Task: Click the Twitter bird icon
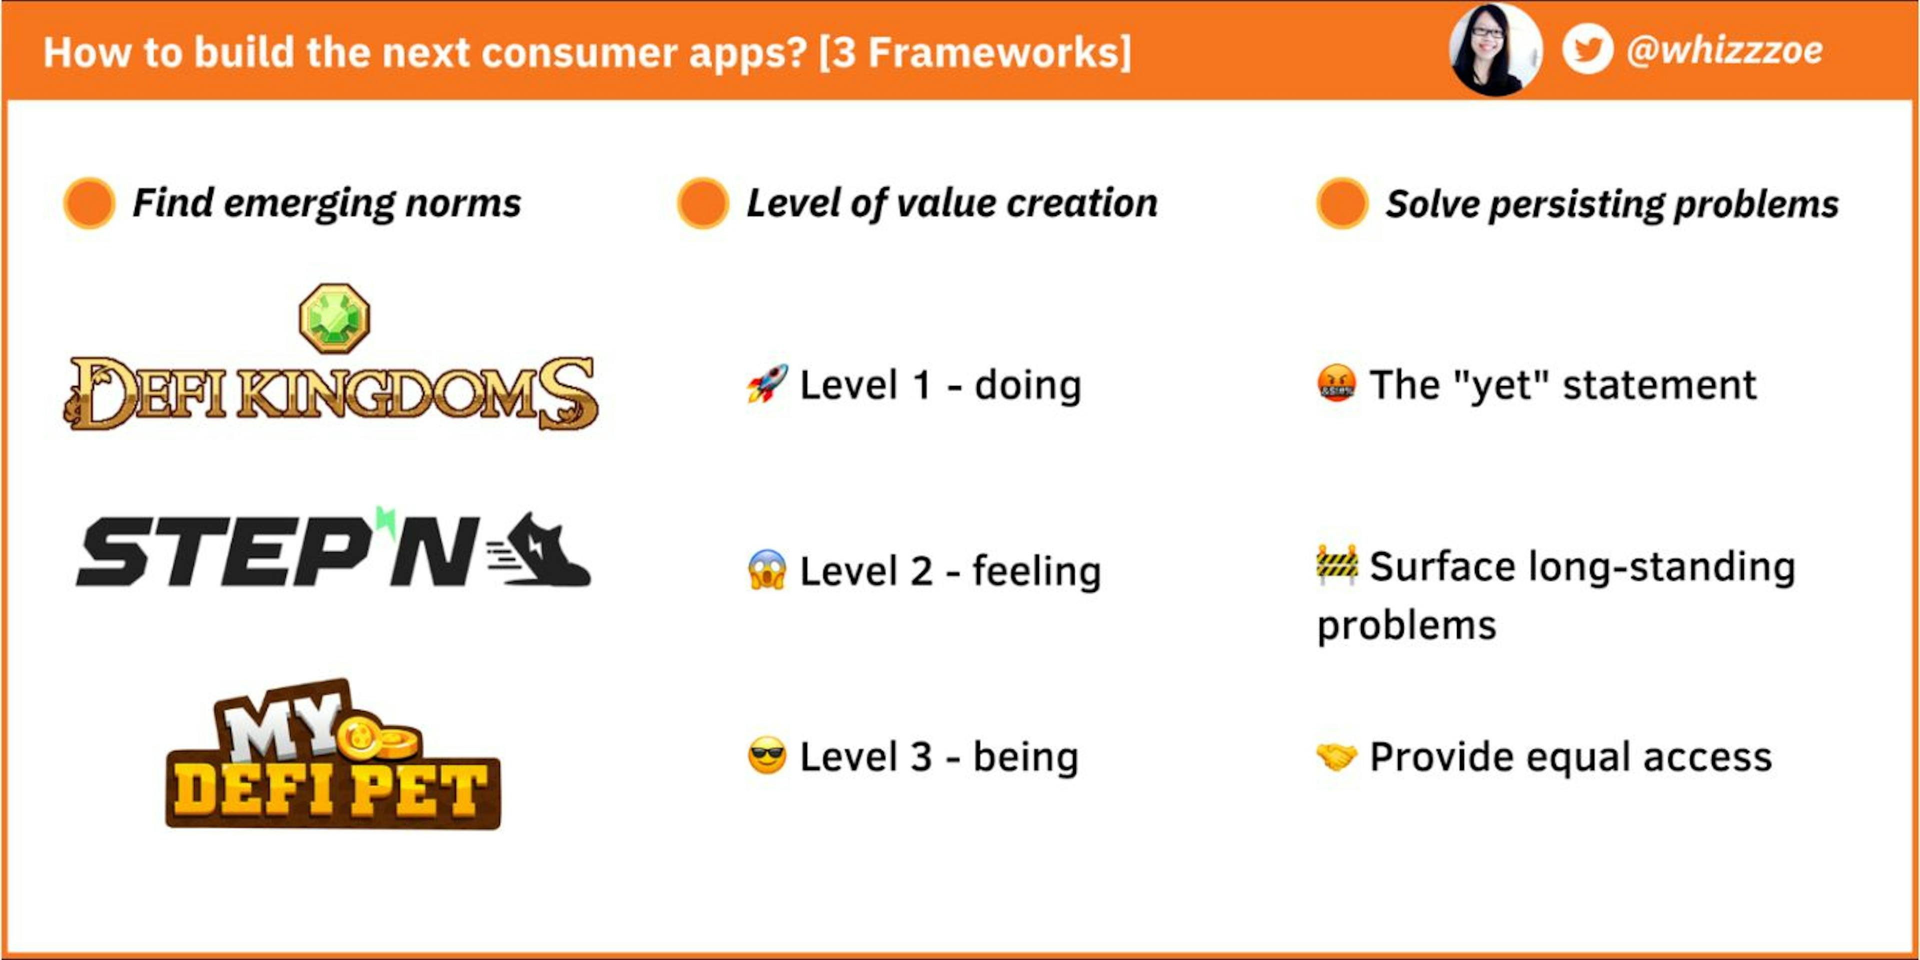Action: click(x=1587, y=50)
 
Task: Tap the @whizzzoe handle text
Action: click(x=1724, y=50)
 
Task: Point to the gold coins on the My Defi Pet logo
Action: click(x=380, y=739)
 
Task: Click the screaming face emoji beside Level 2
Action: click(x=767, y=570)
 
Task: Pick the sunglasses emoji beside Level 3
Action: click(x=767, y=756)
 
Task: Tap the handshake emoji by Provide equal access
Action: click(x=1336, y=756)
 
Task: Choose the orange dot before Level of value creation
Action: click(x=702, y=202)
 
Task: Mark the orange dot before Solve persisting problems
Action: click(x=1341, y=202)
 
